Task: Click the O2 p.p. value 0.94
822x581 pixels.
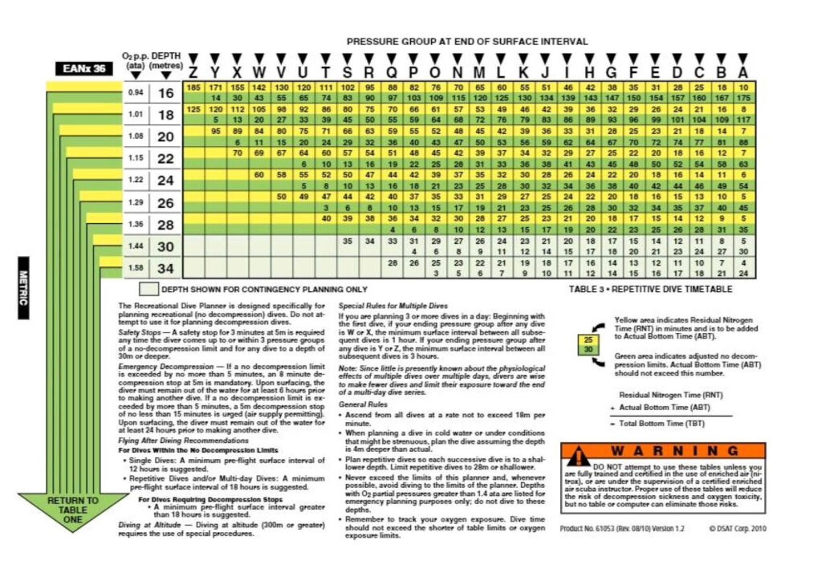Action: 136,93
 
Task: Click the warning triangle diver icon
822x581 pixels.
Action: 578,457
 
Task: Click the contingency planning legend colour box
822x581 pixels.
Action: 149,289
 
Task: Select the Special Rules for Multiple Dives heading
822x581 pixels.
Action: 389,306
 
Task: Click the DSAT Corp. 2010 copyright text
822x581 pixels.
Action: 731,528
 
